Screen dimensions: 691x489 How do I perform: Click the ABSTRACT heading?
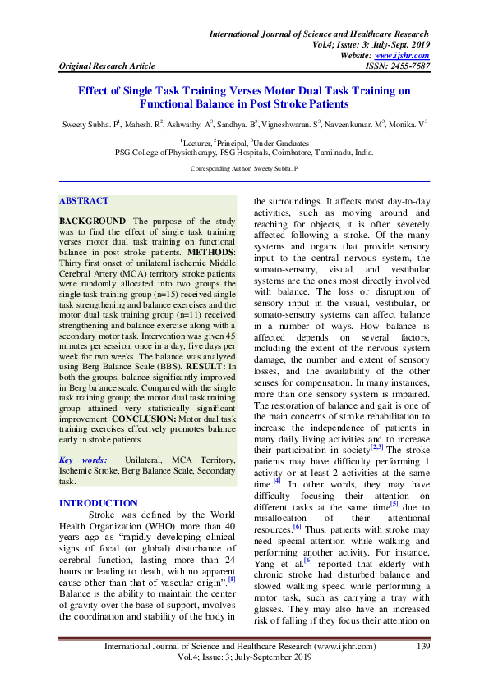point(84,200)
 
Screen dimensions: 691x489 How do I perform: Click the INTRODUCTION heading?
point(99,503)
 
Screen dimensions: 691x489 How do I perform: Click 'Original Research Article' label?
point(106,66)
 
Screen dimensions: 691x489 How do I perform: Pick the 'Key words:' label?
point(84,460)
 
